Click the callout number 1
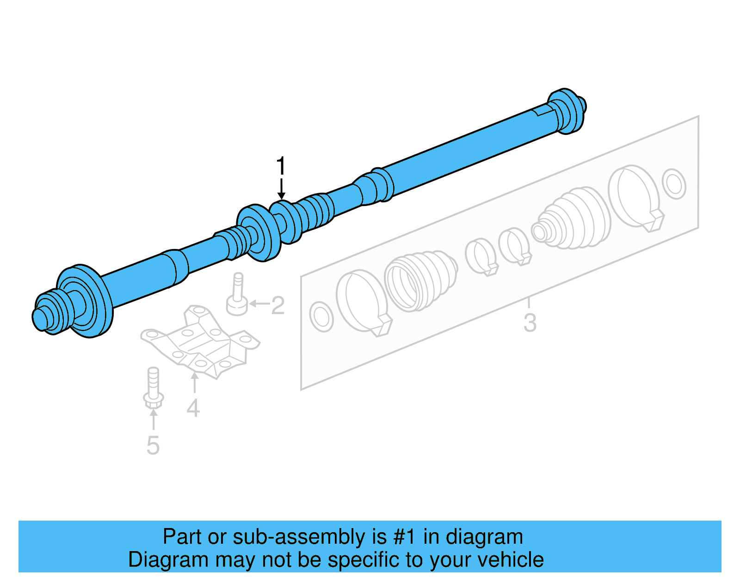point(281,166)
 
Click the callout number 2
point(278,305)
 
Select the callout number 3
point(530,322)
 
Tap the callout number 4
point(193,407)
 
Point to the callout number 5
point(153,445)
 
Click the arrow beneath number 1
point(281,189)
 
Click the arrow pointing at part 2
point(259,304)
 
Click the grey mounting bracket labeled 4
point(199,342)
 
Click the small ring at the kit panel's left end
point(321,317)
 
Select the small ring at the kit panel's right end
point(674,184)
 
